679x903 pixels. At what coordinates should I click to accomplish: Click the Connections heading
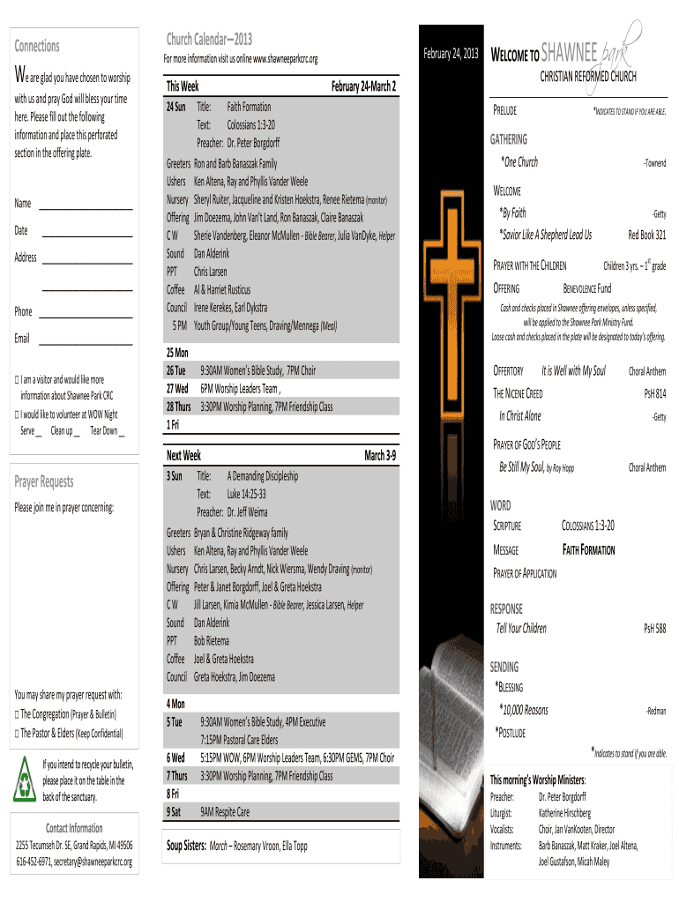(x=37, y=46)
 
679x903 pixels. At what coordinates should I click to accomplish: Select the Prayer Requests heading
(x=44, y=481)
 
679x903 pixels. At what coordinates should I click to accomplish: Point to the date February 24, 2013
(x=451, y=54)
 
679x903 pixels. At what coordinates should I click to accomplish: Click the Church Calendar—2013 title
(x=209, y=39)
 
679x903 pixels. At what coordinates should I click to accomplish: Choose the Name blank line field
(x=86, y=208)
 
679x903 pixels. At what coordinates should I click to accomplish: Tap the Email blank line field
(x=86, y=344)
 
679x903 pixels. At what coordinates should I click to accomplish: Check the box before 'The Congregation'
(x=17, y=714)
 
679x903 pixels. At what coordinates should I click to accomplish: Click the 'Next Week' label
(x=183, y=455)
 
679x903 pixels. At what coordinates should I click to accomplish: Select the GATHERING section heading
(x=509, y=139)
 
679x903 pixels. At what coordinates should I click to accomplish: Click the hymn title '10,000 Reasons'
(x=523, y=710)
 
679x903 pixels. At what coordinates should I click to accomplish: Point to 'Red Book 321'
(x=646, y=235)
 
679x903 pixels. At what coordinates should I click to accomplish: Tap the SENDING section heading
(x=504, y=668)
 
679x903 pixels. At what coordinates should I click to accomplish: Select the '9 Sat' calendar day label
(x=174, y=811)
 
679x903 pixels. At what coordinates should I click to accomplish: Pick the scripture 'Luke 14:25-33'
(x=246, y=494)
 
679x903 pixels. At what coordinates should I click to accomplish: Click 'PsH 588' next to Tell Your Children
(x=654, y=629)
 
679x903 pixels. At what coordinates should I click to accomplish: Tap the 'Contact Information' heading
(x=74, y=828)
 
